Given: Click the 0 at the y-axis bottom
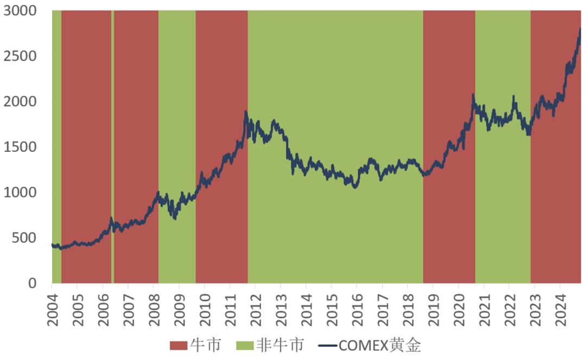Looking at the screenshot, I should pyautogui.click(x=33, y=283).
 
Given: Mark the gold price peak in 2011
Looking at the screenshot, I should pyautogui.click(x=246, y=112).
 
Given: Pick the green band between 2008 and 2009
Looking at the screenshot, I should pyautogui.click(x=177, y=108).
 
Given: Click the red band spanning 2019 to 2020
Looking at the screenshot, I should pyautogui.click(x=449, y=81).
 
